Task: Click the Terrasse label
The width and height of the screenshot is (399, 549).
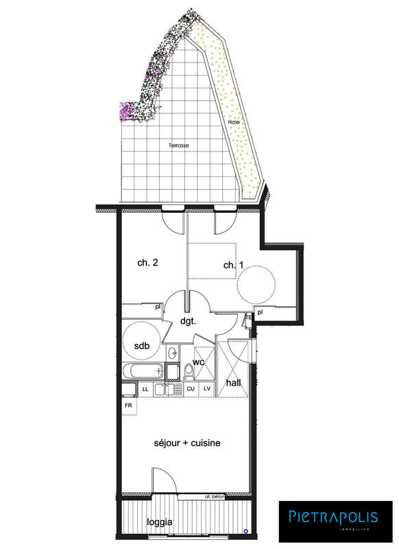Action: click(179, 145)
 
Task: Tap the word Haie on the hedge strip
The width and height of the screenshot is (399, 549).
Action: click(234, 122)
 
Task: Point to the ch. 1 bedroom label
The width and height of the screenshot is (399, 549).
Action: click(233, 265)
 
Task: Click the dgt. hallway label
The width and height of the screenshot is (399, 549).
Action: click(189, 320)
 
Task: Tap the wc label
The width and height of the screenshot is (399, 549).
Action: click(199, 362)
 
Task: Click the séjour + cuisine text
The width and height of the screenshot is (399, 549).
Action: click(187, 443)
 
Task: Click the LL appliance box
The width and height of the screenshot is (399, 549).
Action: click(145, 389)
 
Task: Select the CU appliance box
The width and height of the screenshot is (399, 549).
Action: click(192, 389)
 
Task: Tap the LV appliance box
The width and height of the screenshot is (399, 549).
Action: click(207, 389)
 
